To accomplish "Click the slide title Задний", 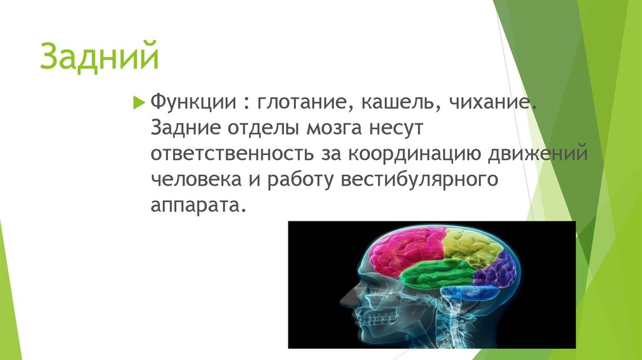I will click(99, 57).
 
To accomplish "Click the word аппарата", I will click(195, 207).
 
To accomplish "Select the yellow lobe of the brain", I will click(470, 246).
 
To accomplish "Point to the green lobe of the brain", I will click(439, 274).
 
